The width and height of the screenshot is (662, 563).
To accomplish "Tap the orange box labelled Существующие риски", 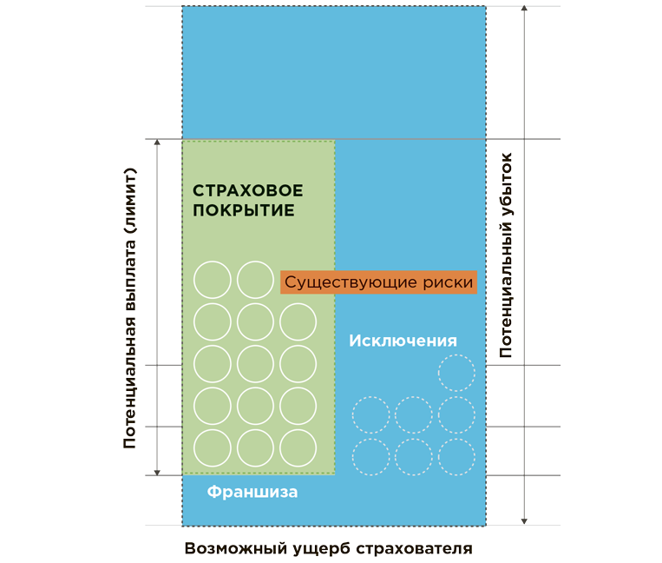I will point(379,282).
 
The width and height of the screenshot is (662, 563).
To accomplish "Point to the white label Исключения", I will point(403,341).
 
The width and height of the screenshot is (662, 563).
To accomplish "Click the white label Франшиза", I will point(252,493).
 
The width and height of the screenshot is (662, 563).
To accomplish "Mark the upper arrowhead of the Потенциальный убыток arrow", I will point(524,10).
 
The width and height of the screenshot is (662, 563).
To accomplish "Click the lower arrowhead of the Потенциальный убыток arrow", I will point(524,521).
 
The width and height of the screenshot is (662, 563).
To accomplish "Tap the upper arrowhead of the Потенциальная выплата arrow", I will point(157,143).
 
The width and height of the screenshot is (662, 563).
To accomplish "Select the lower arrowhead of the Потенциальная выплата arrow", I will point(157,471).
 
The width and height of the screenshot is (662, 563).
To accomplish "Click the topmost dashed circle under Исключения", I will point(456,373).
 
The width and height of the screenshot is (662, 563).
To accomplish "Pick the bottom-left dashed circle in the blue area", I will point(370,456).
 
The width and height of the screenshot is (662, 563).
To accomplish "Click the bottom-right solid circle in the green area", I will point(298,447).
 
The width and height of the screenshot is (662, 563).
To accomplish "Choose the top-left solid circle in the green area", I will point(213,280).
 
